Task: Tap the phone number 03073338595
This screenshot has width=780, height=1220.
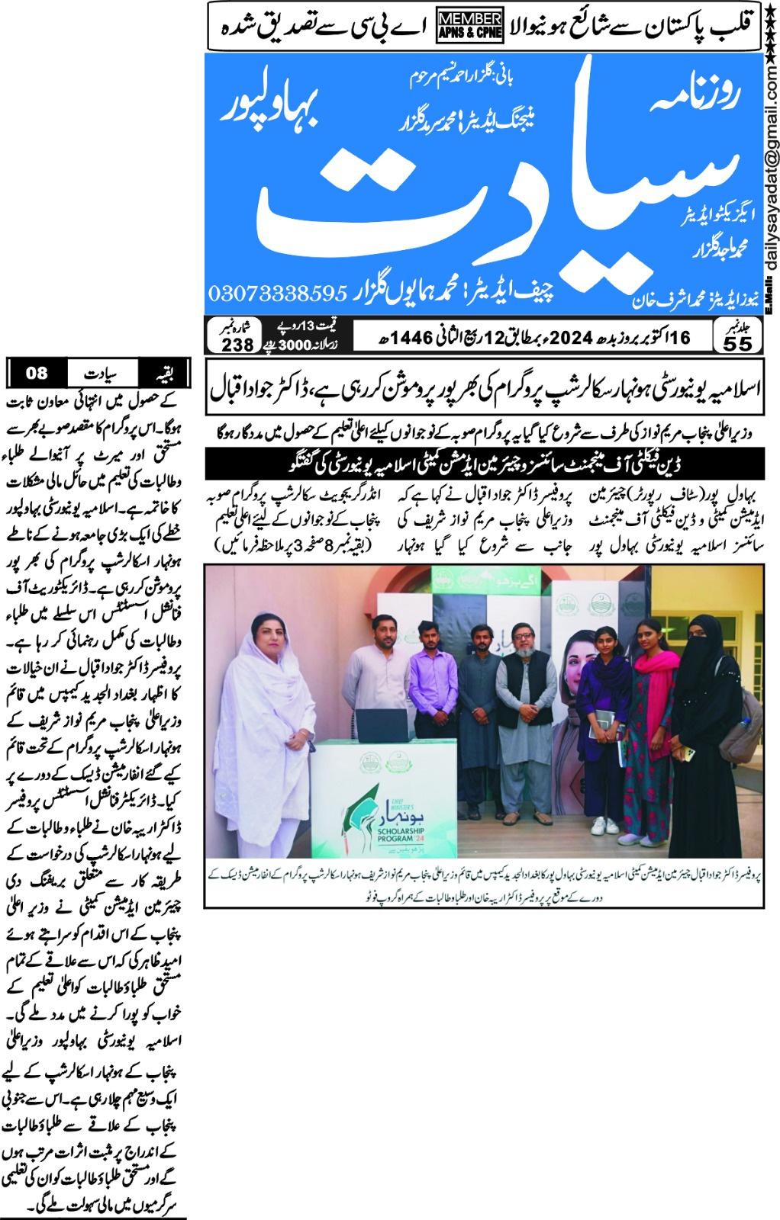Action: pyautogui.click(x=278, y=293)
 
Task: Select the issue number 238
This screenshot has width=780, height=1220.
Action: pyautogui.click(x=237, y=345)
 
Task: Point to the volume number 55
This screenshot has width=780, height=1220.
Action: pyautogui.click(x=737, y=344)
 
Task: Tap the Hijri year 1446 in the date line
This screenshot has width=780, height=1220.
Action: pyautogui.click(x=413, y=337)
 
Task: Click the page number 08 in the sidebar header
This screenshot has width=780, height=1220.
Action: pyautogui.click(x=37, y=373)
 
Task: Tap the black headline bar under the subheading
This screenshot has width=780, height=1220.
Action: pyautogui.click(x=485, y=464)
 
